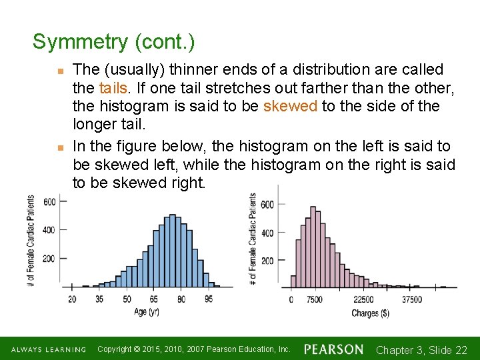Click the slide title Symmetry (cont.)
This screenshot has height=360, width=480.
coord(114,42)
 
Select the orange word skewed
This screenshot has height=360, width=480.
coord(290,106)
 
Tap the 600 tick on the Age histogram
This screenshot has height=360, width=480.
coord(49,202)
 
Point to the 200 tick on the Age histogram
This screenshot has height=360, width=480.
coord(49,258)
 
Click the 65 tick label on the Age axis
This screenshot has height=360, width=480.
coord(153,299)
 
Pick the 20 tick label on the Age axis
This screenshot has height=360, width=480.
coord(71,299)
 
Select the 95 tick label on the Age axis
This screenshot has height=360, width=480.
coord(209,299)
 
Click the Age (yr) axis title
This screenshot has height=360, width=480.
coord(147,312)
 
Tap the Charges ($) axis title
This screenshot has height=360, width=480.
coord(371,313)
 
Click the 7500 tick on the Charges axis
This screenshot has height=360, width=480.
coord(314,300)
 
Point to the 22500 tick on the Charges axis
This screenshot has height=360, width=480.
coord(363,300)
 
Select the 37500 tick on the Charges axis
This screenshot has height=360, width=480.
coord(411,300)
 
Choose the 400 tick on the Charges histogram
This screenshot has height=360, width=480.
coord(267,233)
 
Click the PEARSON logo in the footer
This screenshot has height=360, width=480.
coord(334,349)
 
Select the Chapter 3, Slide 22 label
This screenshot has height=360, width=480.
coord(421,350)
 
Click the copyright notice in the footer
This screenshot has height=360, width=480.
coord(193,349)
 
